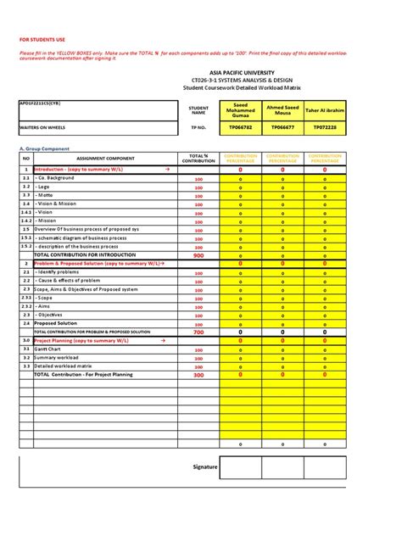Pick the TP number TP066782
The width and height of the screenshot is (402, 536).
[241, 127]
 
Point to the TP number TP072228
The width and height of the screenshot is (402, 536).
[325, 127]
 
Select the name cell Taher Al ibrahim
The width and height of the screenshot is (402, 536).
[325, 110]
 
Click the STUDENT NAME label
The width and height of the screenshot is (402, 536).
[198, 110]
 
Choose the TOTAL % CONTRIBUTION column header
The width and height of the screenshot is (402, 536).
[198, 159]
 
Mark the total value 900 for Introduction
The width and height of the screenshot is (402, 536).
[198, 255]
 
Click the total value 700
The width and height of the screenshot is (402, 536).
[198, 332]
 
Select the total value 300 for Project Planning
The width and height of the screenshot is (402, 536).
[198, 374]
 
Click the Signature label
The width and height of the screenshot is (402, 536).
[205, 466]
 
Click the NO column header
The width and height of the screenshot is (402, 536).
[25, 159]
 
